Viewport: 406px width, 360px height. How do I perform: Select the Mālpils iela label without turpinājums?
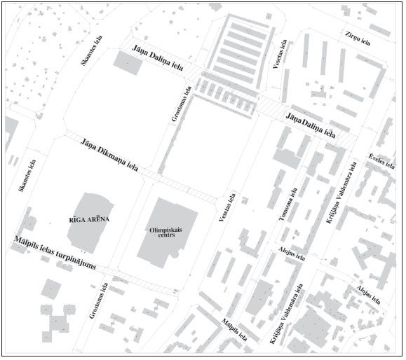(x=234, y=329)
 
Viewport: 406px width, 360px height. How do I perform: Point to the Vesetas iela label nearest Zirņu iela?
(x=278, y=55)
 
